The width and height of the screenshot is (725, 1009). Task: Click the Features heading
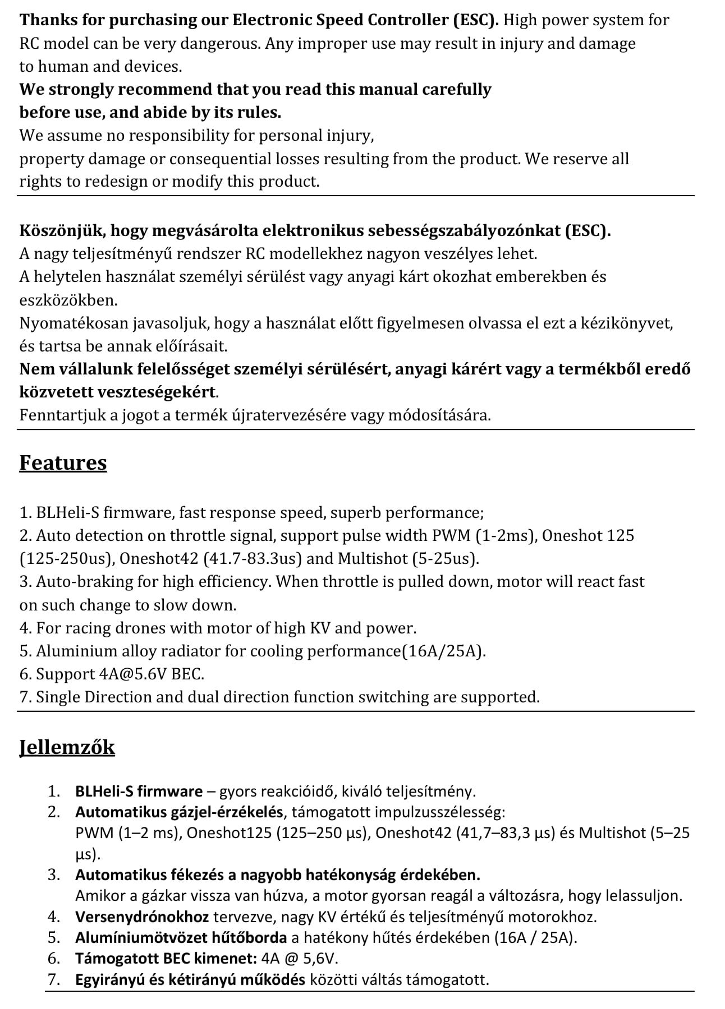click(x=63, y=463)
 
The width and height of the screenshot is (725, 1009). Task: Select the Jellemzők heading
click(x=67, y=747)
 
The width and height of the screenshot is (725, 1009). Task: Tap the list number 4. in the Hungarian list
click(x=54, y=917)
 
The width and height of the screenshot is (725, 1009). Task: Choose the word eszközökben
click(x=68, y=300)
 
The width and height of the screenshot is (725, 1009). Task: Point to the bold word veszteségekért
click(x=157, y=392)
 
